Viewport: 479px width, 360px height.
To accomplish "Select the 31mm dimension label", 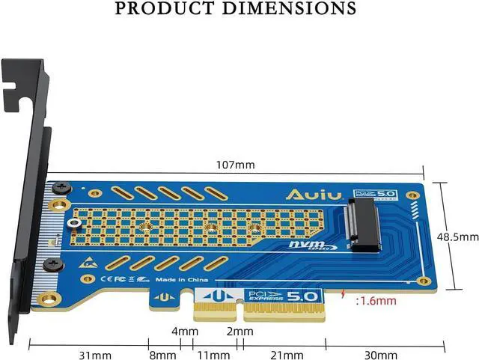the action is click(x=96, y=355).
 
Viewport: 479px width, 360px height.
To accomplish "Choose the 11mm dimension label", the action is click(x=213, y=355).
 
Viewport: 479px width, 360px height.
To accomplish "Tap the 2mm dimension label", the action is click(x=239, y=330).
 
